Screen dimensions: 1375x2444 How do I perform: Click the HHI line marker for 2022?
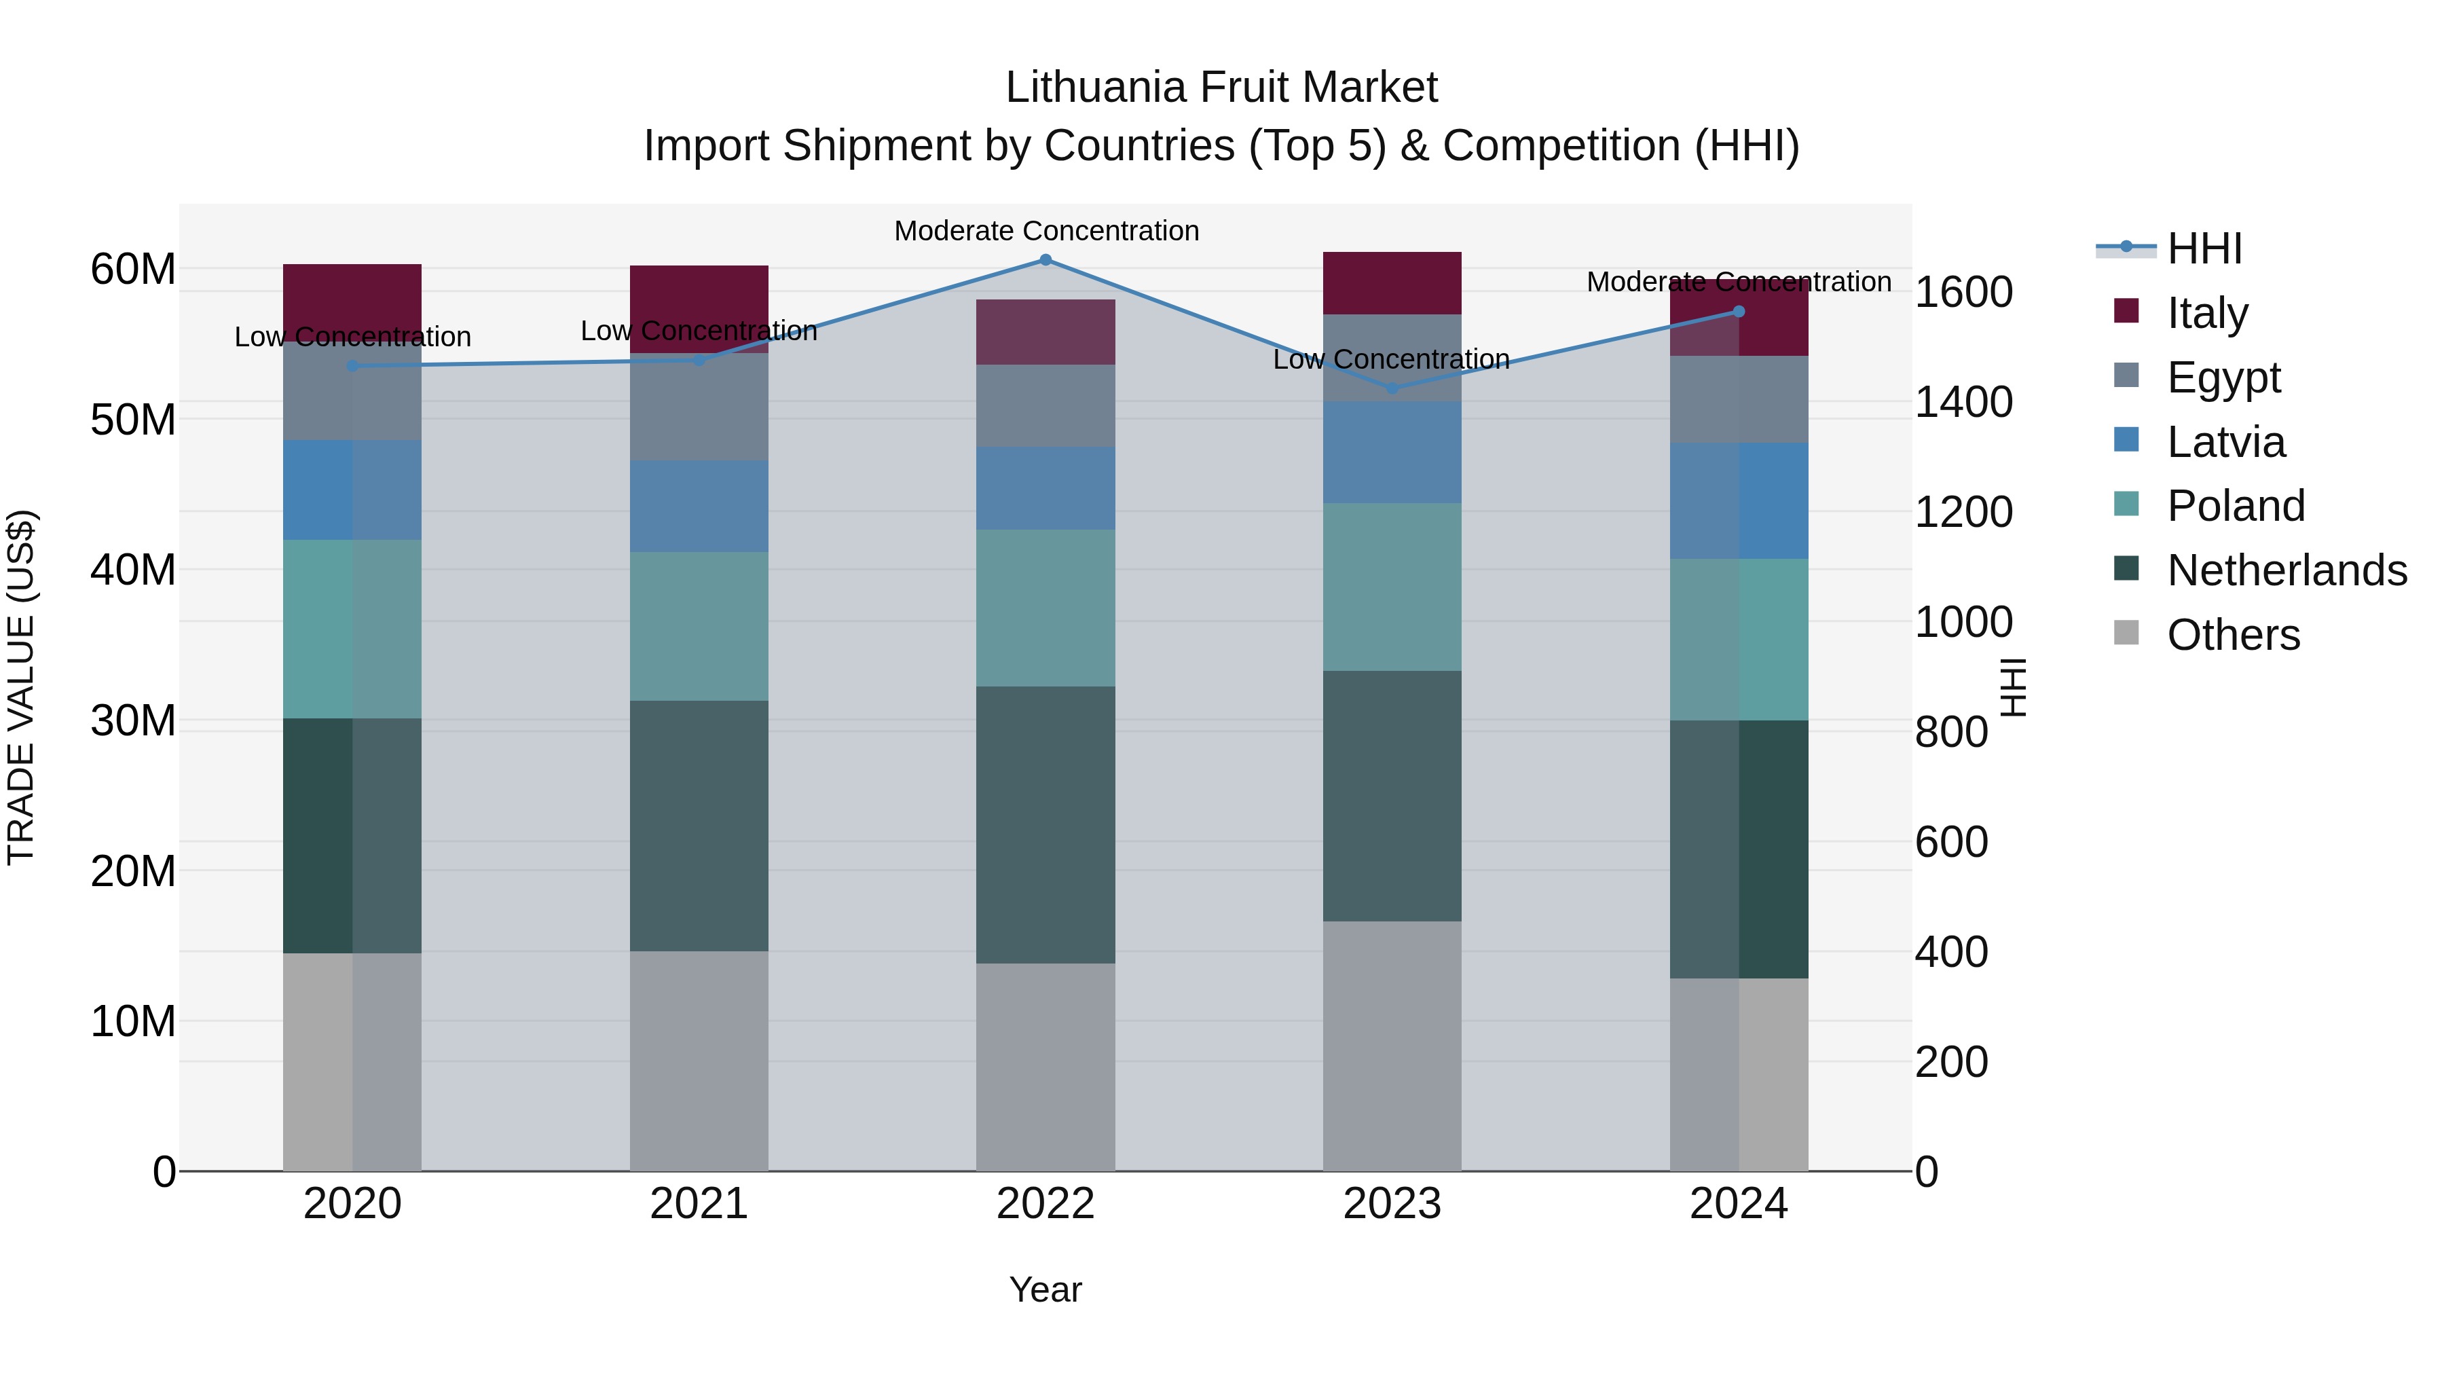(1045, 260)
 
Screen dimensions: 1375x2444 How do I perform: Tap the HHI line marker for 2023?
(1392, 388)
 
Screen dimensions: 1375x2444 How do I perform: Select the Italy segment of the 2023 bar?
(1392, 282)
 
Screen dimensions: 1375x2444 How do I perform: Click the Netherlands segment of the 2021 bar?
(699, 826)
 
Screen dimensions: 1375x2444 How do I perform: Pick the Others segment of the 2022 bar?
(1045, 1067)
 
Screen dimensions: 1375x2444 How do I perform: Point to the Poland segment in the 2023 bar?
(1392, 587)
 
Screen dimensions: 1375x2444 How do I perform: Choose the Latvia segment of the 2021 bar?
(699, 506)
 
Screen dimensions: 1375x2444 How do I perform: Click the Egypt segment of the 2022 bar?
(1045, 405)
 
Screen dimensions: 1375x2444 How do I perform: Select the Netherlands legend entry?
(2286, 570)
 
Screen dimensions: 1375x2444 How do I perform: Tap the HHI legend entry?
(2203, 249)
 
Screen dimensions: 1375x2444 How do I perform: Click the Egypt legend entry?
(2222, 378)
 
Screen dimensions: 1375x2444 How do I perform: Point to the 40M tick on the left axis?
(133, 570)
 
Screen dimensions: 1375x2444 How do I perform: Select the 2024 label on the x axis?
(1738, 1204)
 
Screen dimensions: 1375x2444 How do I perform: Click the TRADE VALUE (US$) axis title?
(22, 687)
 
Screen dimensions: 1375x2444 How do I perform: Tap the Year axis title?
(1045, 1289)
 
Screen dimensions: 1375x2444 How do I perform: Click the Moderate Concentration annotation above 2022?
(1046, 231)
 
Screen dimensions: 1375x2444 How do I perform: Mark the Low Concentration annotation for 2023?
(1391, 360)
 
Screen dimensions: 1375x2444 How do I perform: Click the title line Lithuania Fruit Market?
(1221, 88)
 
